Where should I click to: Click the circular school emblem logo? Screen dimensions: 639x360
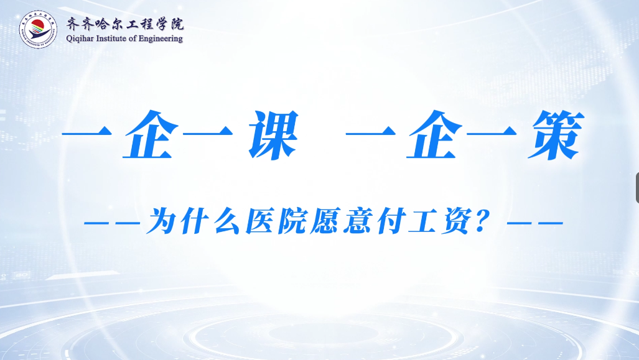pyautogui.click(x=39, y=29)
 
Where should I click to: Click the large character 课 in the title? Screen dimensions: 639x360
pyautogui.click(x=273, y=135)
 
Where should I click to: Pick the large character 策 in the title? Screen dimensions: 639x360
pyautogui.click(x=556, y=135)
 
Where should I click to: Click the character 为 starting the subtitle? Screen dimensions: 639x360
pyautogui.click(x=162, y=221)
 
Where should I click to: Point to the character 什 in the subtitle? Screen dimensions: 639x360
pyautogui.click(x=195, y=221)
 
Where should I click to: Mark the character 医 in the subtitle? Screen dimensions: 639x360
pyautogui.click(x=259, y=221)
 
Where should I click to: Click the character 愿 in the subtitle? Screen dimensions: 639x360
pyautogui.click(x=325, y=221)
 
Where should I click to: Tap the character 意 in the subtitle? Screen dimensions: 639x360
pyautogui.click(x=357, y=221)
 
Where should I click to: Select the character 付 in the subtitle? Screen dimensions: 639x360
pyautogui.click(x=389, y=221)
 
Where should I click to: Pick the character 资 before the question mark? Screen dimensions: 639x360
pyautogui.click(x=455, y=221)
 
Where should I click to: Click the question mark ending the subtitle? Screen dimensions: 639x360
pyautogui.click(x=483, y=222)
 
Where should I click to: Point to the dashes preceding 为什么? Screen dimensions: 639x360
pyautogui.click(x=112, y=223)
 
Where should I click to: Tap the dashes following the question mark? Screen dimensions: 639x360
pyautogui.click(x=535, y=223)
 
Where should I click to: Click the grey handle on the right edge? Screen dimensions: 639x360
pyautogui.click(x=637, y=188)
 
